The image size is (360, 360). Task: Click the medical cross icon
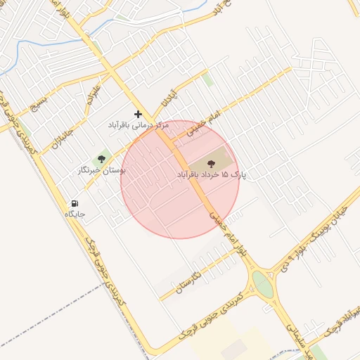pyautogui.click(x=138, y=114)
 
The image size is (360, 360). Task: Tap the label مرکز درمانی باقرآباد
pyautogui.click(x=138, y=125)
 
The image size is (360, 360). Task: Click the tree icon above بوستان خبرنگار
pyautogui.click(x=101, y=160)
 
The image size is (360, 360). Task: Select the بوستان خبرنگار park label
pyautogui.click(x=102, y=170)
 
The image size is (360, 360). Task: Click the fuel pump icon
pyautogui.click(x=75, y=203)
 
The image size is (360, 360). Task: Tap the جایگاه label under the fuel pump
pyautogui.click(x=75, y=213)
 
